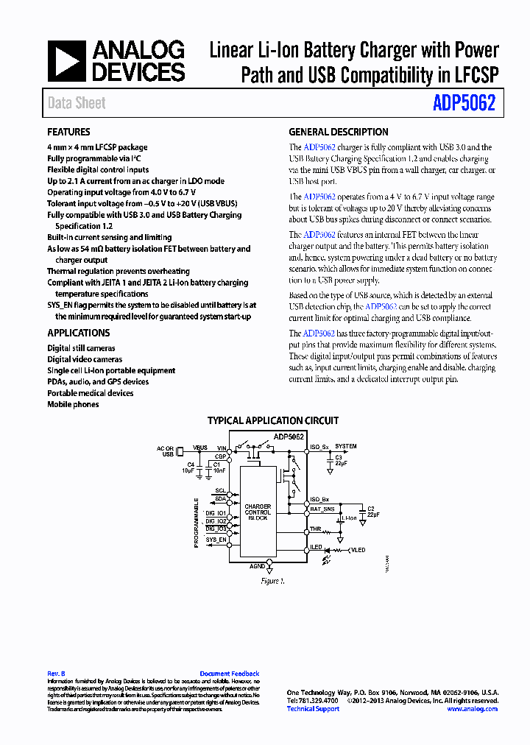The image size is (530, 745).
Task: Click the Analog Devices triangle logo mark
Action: [67, 61]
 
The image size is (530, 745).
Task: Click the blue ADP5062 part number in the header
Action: [464, 104]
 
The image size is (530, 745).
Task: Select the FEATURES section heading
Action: [68, 133]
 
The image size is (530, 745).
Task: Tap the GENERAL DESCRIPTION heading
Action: [338, 133]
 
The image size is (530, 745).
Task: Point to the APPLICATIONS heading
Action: [78, 333]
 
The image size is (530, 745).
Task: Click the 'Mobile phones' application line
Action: [73, 404]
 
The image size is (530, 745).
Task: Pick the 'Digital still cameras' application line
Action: [81, 348]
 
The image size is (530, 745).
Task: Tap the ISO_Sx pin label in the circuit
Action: [319, 447]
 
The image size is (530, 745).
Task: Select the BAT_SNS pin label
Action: [321, 509]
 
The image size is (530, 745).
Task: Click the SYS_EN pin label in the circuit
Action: [216, 540]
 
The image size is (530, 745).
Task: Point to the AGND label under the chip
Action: [257, 566]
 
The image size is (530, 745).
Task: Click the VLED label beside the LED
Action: [358, 550]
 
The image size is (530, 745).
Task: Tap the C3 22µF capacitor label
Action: [339, 461]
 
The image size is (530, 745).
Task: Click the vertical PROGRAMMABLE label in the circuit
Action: [197, 523]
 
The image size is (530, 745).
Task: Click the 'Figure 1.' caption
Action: [272, 582]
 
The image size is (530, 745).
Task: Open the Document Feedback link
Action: [229, 674]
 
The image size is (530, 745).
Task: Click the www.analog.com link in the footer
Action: [472, 709]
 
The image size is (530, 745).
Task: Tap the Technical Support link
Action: [313, 709]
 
